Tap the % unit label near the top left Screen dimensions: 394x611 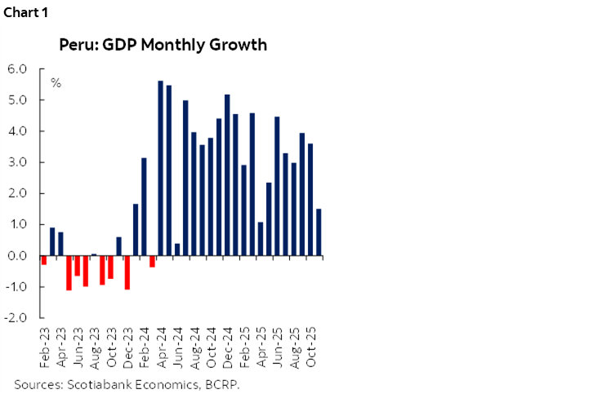click(x=56, y=83)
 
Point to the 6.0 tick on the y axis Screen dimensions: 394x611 click(x=17, y=69)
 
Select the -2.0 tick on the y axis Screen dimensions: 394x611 click(x=16, y=318)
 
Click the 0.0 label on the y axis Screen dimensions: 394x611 click(x=17, y=256)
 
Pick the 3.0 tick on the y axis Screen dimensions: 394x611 click(x=17, y=162)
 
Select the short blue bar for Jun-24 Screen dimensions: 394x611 click(x=177, y=250)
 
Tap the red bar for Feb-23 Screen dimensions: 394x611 click(x=44, y=260)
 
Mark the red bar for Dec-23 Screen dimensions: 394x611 click(x=127, y=272)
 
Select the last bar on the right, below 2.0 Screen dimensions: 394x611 click(x=319, y=232)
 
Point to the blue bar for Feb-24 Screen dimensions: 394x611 click(x=144, y=207)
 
